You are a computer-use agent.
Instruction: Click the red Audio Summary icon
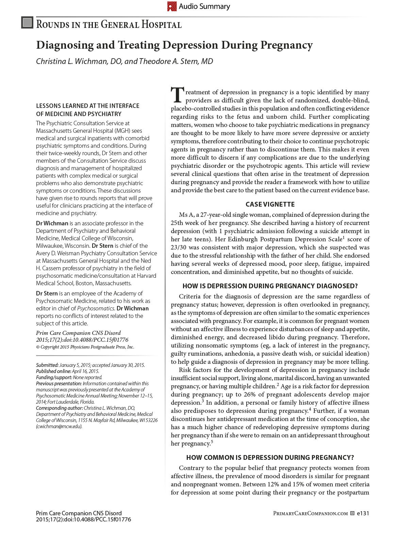[x=172, y=6]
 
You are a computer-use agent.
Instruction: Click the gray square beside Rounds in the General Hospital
[x=27, y=22]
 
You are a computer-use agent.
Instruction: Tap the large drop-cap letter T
[x=177, y=95]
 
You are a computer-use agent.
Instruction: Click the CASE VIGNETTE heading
[x=270, y=204]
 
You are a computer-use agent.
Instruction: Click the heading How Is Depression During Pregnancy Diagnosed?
[x=270, y=286]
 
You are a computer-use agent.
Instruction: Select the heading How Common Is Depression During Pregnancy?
[x=270, y=457]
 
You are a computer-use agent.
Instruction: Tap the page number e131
[x=363, y=514]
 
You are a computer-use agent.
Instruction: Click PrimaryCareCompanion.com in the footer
[x=310, y=514]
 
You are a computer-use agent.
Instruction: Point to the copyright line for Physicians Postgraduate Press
[x=85, y=347]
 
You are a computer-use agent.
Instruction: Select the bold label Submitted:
[x=47, y=365]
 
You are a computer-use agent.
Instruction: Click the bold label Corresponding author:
[x=60, y=408]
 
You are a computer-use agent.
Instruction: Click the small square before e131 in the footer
[x=352, y=513]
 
